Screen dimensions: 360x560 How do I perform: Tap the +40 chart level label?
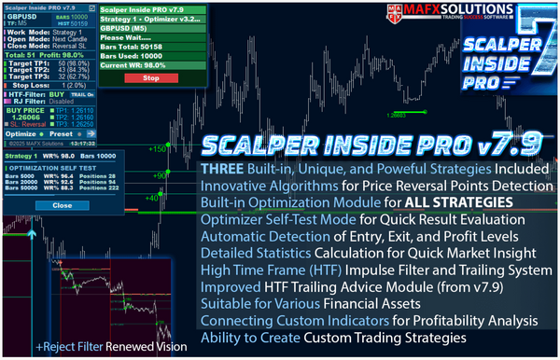(153, 197)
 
